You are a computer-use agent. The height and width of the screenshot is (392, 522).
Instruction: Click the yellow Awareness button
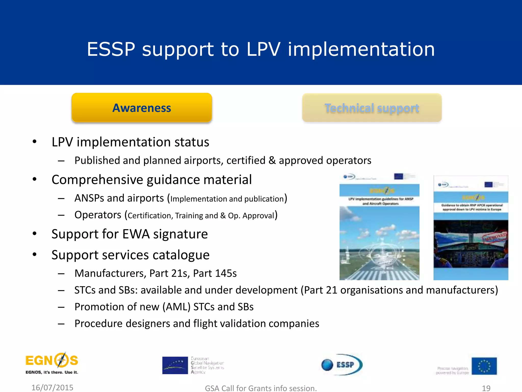pos(142,108)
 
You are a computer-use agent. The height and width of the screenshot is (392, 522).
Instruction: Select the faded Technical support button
pos(372,108)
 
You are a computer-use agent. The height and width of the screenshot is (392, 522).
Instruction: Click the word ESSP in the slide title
pos(111,49)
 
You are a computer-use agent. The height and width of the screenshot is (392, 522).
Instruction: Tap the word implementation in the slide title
pos(361,49)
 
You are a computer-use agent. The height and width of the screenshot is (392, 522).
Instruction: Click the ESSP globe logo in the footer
pos(342,365)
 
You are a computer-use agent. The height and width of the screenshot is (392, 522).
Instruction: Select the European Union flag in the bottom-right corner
pos(484,366)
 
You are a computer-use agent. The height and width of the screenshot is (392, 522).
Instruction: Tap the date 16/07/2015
pos(52,387)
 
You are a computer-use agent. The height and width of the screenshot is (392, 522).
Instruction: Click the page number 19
pos(486,388)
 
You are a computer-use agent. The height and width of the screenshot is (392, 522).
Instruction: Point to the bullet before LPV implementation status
pos(35,142)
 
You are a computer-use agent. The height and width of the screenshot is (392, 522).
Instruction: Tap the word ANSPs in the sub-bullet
pos(89,198)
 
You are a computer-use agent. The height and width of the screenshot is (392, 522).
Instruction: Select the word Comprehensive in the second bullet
pos(97,180)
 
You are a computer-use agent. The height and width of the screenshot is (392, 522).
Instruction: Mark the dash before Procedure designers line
pos(61,324)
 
